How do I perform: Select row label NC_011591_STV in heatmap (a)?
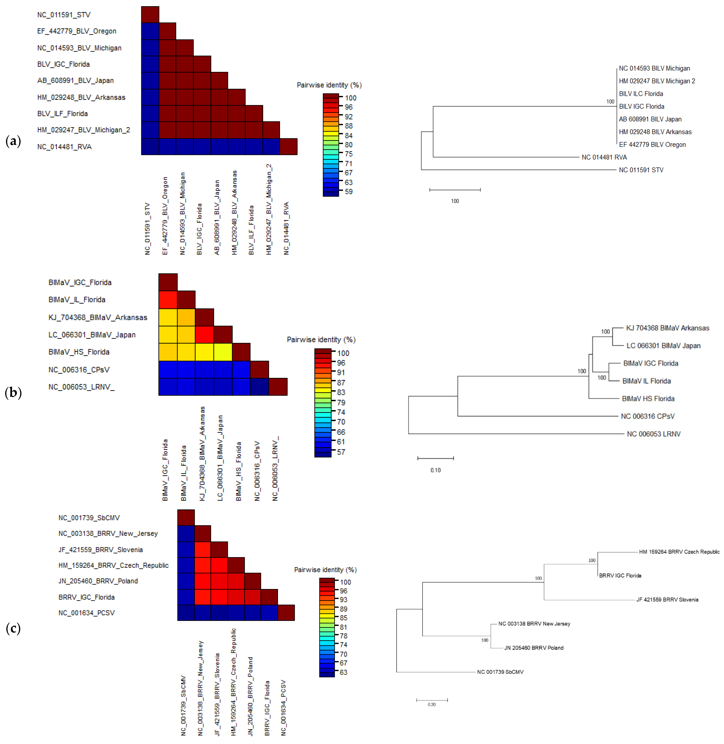64,15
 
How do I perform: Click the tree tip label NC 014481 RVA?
604,157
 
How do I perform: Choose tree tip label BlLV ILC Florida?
641,94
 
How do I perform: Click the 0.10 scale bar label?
435,470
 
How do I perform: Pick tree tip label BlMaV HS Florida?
648,399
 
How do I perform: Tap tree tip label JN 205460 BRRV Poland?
533,648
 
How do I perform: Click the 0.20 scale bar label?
432,704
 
